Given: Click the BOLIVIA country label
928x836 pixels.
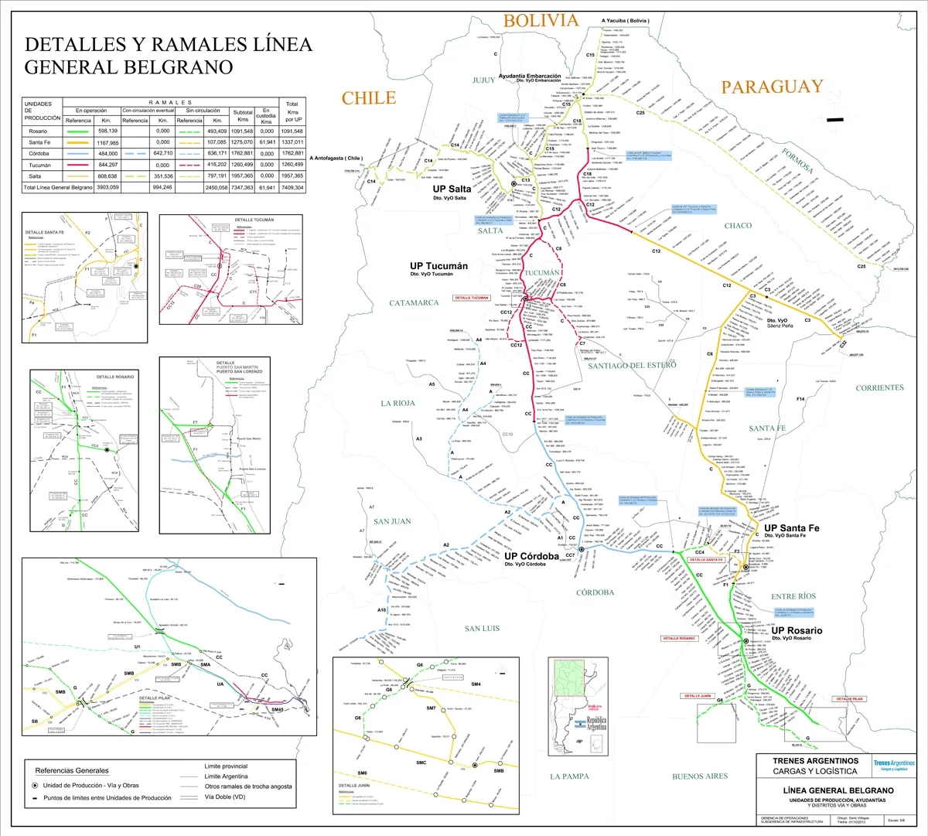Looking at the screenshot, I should tap(541, 21).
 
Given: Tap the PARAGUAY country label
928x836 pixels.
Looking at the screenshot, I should tap(772, 87).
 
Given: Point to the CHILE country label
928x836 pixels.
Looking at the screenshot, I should tap(369, 98).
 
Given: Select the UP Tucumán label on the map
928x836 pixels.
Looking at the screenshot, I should tap(438, 266).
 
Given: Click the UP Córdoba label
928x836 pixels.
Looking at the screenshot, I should tap(531, 556).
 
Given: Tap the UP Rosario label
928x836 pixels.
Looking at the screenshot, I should tap(797, 631).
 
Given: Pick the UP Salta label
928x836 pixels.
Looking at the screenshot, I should tap(452, 189).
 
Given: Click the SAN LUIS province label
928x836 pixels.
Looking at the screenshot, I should tap(482, 629).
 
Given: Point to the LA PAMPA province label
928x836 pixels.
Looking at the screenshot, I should tap(569, 776).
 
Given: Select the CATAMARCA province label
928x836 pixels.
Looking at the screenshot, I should tap(414, 303).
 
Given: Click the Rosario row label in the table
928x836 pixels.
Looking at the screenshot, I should tap(38, 131).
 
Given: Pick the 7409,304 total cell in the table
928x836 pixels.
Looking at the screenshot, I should tap(292, 188).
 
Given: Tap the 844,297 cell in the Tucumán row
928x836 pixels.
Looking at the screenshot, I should tap(107, 165).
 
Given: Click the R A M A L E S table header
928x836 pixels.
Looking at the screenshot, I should tap(170, 103).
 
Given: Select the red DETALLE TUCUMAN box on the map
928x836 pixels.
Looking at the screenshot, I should tap(472, 298).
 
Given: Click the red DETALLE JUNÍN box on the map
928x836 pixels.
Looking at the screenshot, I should tap(695, 696).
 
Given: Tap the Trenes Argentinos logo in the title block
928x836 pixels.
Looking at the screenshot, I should tap(894, 766).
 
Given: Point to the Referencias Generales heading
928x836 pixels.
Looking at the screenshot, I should tap(72, 770).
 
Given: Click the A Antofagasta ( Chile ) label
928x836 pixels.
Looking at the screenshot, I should tap(336, 159).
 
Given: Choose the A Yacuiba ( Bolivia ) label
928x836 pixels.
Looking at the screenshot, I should tap(625, 21).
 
